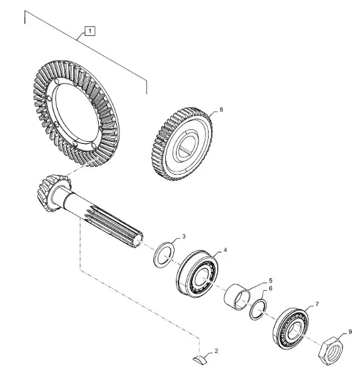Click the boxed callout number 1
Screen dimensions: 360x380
coord(90,31)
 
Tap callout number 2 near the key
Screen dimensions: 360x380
coord(216,350)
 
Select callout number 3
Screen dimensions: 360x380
coord(183,236)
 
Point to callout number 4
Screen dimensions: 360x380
coord(225,250)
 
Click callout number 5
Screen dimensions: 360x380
coord(271,281)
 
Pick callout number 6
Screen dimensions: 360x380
coord(271,288)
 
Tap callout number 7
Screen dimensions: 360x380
coord(317,304)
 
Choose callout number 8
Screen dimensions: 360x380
coord(221,109)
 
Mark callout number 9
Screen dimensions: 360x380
coord(350,332)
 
